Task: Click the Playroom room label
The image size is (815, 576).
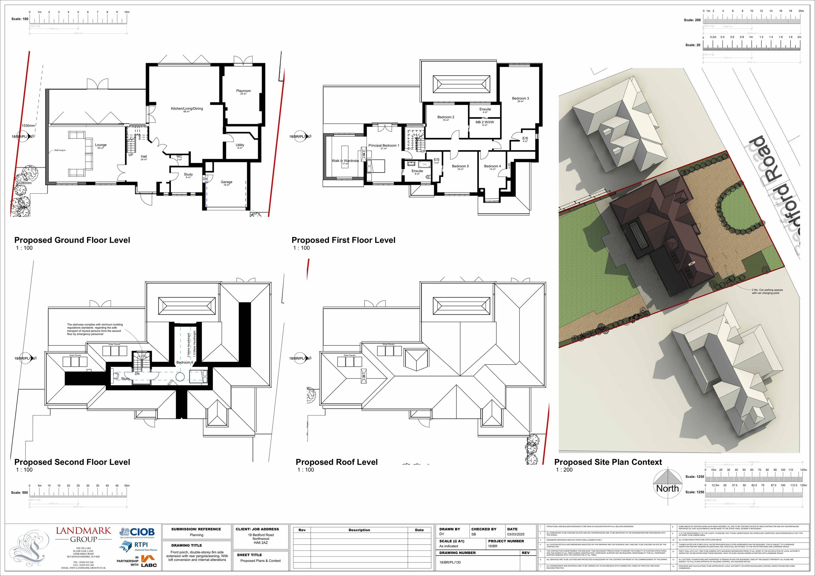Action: (243, 91)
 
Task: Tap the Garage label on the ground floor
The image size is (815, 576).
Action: (227, 182)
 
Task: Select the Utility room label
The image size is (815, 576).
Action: (240, 145)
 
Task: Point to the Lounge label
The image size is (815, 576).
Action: (101, 145)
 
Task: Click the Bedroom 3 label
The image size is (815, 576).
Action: (521, 98)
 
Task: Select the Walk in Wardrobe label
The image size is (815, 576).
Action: (345, 161)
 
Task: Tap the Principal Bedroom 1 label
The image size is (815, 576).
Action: (384, 146)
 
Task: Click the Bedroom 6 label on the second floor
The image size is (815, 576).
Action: (184, 362)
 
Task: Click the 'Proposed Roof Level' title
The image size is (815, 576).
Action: (337, 462)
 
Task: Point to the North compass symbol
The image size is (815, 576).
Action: (667, 483)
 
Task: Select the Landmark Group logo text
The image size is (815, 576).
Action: (83, 535)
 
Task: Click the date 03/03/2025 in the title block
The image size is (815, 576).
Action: (515, 534)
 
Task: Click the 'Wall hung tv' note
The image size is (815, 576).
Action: (60, 150)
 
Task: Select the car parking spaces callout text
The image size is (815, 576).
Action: (767, 291)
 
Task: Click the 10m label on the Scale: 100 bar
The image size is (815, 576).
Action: (127, 12)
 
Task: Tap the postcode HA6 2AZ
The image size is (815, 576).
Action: (261, 543)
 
